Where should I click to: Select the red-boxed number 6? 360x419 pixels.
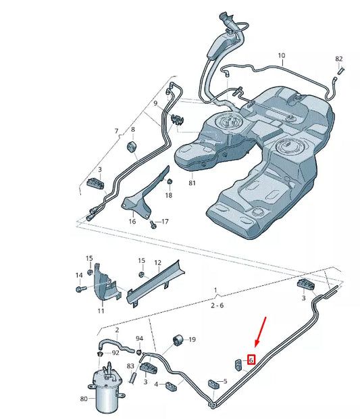[x=251, y=360]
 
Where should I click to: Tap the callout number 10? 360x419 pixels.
[x=281, y=55]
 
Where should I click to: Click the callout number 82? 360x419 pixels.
[x=339, y=59]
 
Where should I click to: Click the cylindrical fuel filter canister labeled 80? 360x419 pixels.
[x=106, y=391]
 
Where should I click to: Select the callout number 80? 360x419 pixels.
[x=84, y=399]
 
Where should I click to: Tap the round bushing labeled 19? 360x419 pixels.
[x=179, y=339]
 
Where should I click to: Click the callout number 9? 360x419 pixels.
[x=155, y=103]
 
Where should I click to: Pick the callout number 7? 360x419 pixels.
[x=115, y=131]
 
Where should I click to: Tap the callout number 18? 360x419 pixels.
[x=169, y=195]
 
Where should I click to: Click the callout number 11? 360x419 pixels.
[x=101, y=311]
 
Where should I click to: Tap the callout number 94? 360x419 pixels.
[x=139, y=339]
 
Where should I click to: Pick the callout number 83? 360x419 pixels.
[x=130, y=366]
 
